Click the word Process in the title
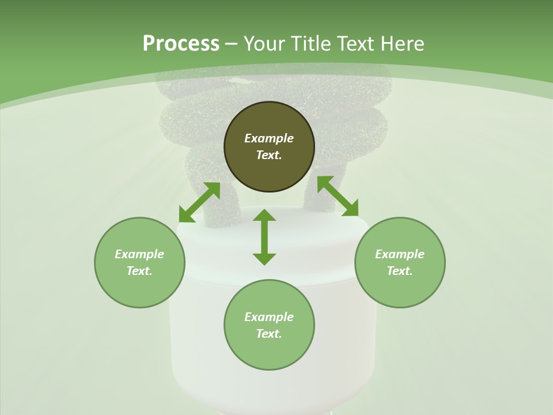(181, 44)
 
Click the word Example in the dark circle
(269, 138)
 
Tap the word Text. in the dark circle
(269, 155)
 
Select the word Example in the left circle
(139, 254)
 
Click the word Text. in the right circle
(400, 271)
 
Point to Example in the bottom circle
(269, 317)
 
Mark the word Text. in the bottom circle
(269, 334)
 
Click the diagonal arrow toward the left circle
(199, 202)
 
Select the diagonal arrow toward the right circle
(338, 197)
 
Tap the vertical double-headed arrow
(264, 237)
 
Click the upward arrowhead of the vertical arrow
(264, 216)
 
